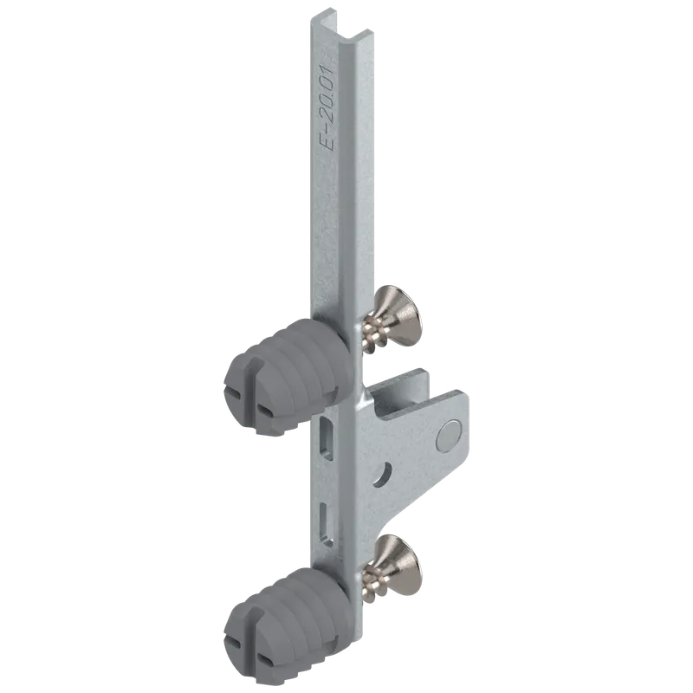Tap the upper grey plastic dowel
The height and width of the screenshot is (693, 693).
(x=288, y=376)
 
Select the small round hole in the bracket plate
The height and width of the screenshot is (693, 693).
(x=383, y=474)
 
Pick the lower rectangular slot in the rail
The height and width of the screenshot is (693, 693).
(x=327, y=525)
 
